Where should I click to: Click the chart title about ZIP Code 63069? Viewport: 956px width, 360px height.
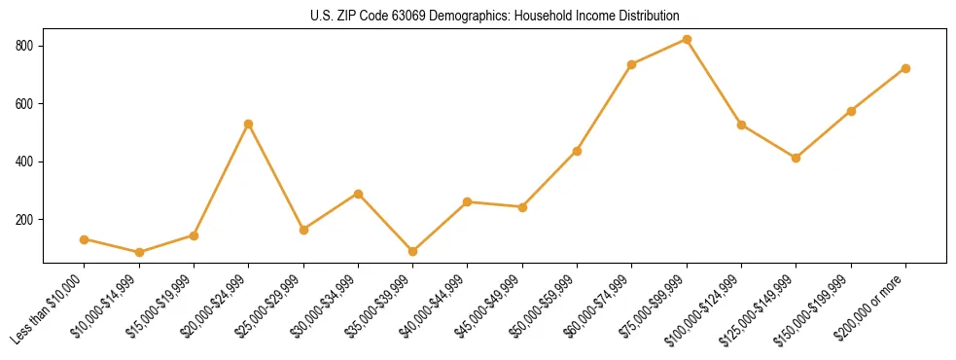coord(494,16)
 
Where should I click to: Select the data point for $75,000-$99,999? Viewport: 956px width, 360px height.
coord(687,40)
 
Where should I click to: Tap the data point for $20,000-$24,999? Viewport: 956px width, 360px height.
coord(249,124)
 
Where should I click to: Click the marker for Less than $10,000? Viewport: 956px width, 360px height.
coord(85,239)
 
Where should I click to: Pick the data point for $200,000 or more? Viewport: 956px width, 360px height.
coord(905,68)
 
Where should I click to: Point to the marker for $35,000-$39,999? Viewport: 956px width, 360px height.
coord(413,251)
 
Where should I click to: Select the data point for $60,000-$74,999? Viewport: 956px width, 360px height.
coord(632,64)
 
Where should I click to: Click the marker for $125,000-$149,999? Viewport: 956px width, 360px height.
coord(797,158)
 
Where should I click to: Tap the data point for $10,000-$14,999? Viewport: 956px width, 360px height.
coord(139,252)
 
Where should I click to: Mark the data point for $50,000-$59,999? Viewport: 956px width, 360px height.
coord(578,151)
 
